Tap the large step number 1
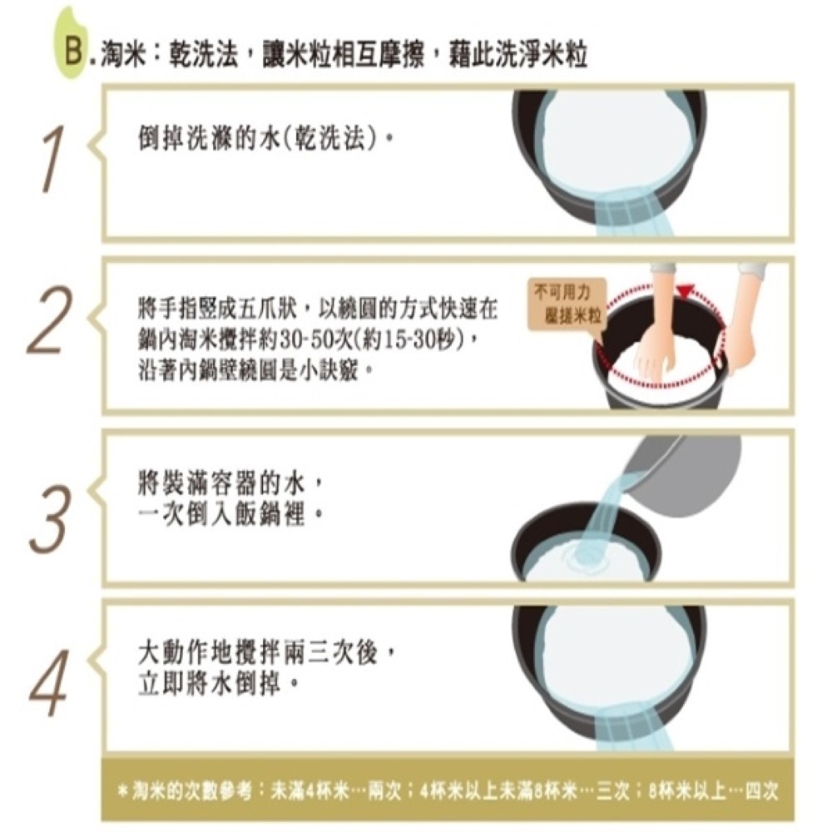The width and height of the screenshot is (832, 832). tap(53, 158)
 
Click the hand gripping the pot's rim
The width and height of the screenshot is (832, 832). tap(736, 339)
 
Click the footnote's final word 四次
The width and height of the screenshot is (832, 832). tap(761, 791)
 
